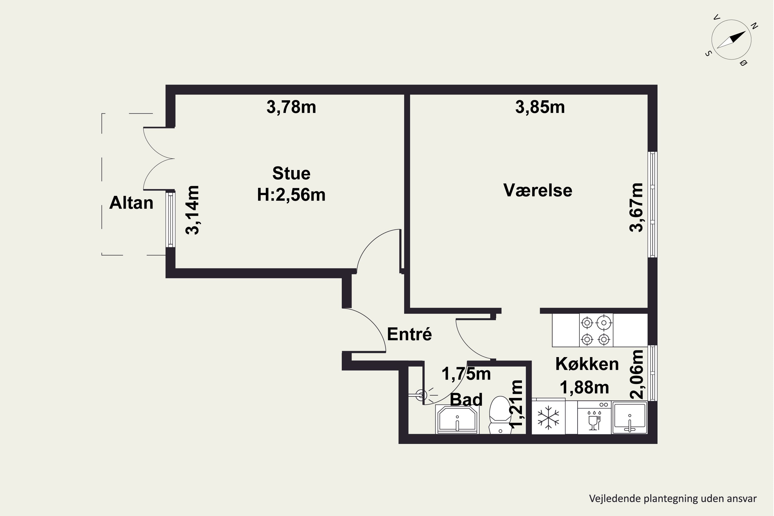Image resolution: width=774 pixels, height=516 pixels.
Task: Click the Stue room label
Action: [x=291, y=173]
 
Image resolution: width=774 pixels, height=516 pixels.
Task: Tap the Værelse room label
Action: [x=538, y=190]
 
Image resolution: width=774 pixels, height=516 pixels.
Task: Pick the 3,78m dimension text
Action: [x=291, y=107]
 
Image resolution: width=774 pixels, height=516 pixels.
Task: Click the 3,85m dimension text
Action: [x=540, y=107]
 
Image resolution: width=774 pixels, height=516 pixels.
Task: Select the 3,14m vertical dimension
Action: [x=192, y=210]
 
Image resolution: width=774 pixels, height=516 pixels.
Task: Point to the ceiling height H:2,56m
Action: [x=291, y=195]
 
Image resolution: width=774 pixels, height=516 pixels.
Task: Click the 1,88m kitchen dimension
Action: [x=584, y=387]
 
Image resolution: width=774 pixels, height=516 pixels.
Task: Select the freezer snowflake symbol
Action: [x=548, y=418]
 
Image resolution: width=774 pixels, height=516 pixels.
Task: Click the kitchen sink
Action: [x=630, y=417]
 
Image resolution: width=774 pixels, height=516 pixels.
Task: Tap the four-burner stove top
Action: [x=596, y=330]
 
